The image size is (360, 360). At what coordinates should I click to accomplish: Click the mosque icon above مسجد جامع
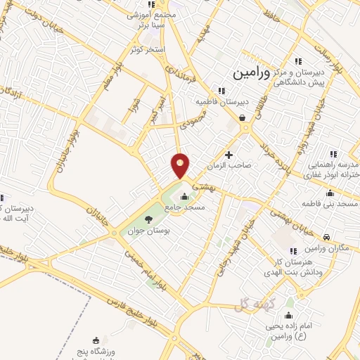(184, 196)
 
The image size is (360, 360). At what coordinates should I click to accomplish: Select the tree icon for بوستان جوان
(148, 219)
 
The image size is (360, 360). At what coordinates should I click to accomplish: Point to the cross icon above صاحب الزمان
(229, 154)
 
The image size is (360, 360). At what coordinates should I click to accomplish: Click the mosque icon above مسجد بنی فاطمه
(330, 193)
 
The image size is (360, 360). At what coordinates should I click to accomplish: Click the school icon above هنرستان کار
(292, 251)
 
